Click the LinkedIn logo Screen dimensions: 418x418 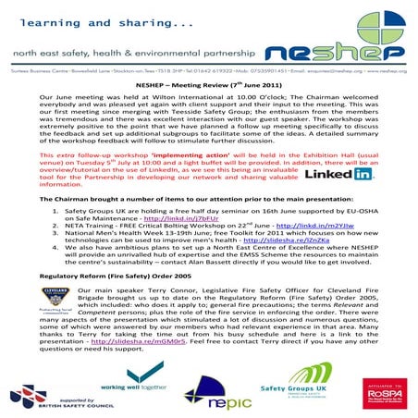click(x=337, y=173)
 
